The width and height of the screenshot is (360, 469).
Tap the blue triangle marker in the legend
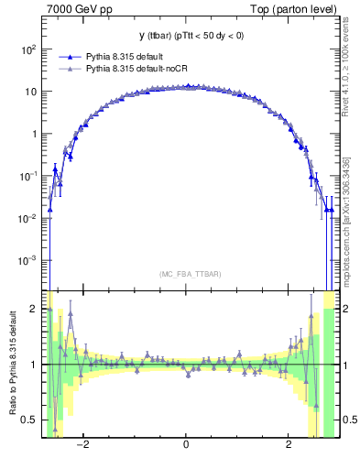click(70, 56)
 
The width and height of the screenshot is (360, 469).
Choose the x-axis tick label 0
click(187, 445)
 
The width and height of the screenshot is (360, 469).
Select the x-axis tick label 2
click(289, 445)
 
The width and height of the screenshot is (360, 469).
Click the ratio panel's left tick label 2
click(34, 310)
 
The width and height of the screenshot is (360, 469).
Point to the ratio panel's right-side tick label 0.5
click(349, 420)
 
